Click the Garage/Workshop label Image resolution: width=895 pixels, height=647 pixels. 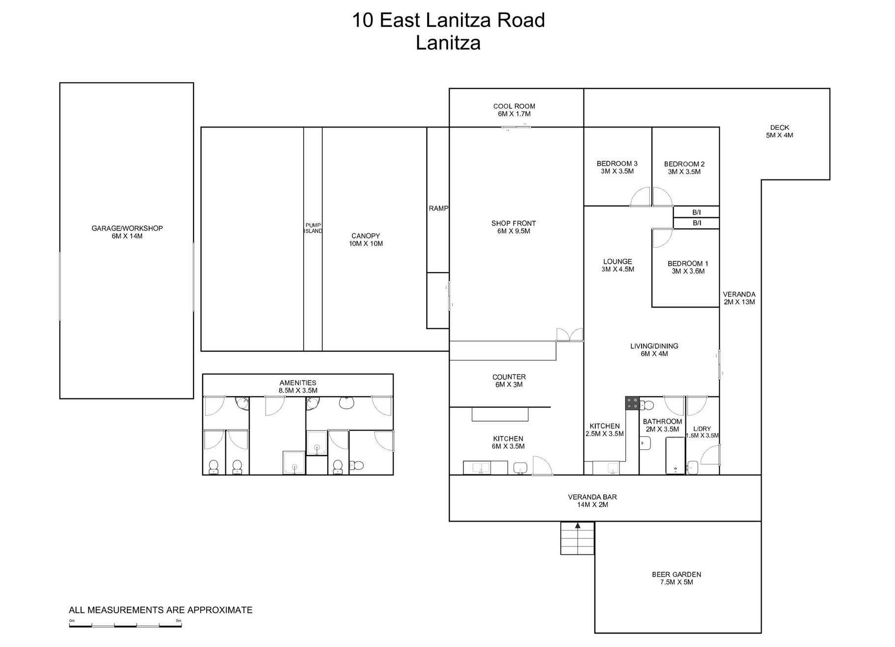[x=127, y=232]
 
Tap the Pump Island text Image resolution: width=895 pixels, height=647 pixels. [x=313, y=228]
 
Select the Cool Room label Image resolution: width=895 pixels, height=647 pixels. [x=514, y=110]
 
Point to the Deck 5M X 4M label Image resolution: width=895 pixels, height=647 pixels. [x=779, y=131]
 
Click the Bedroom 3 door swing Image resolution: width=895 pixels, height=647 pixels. [x=641, y=198]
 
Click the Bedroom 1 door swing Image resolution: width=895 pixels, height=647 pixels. [x=662, y=238]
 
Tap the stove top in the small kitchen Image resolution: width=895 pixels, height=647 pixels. [x=632, y=403]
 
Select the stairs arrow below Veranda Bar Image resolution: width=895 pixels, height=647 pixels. [x=578, y=526]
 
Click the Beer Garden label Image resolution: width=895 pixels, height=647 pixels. [x=677, y=578]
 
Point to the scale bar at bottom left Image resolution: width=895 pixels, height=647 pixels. [x=125, y=625]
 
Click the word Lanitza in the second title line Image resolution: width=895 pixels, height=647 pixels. [x=448, y=43]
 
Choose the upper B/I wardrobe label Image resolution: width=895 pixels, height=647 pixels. [x=696, y=213]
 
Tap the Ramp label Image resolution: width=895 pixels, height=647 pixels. [x=438, y=209]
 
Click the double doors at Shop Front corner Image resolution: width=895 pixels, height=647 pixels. [x=570, y=335]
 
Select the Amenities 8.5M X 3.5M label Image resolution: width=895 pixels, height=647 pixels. [x=298, y=387]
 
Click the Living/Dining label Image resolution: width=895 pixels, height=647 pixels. [x=654, y=350]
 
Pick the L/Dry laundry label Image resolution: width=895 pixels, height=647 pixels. [x=702, y=432]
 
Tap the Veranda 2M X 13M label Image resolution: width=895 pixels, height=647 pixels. [x=739, y=298]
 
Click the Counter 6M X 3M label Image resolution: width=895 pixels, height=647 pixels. [x=509, y=381]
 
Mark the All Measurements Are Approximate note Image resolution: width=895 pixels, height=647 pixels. [x=160, y=610]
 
